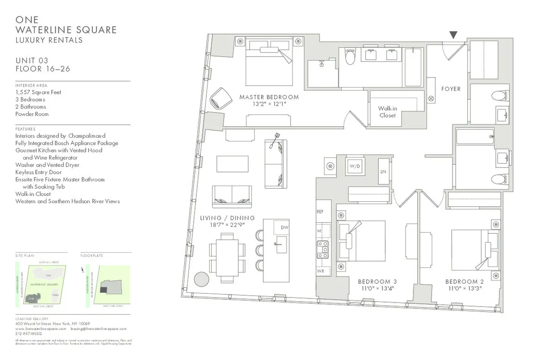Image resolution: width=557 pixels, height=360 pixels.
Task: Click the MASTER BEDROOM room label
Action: pos(269,97)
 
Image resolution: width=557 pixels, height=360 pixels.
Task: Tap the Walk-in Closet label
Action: pos(387,111)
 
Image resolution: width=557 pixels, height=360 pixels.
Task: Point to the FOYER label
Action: pos(451,89)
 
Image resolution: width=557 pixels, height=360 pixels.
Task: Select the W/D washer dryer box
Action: pos(355,166)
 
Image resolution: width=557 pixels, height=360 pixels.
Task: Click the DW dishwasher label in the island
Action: pos(284,228)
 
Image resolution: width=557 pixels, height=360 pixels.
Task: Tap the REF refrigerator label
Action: pos(320,211)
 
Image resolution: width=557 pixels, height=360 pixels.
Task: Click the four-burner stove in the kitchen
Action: pos(323,250)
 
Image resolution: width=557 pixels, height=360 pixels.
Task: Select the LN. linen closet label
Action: pos(384,171)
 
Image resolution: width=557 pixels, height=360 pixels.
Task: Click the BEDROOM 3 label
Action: pos(377,282)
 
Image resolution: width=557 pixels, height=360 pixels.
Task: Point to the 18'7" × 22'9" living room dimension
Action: pos(227,225)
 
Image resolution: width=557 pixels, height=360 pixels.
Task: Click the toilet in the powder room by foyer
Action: pos(498,97)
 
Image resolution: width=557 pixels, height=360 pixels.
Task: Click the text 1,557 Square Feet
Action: pos(38,92)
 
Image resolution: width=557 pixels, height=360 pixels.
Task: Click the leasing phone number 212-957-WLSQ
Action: pos(29,334)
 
